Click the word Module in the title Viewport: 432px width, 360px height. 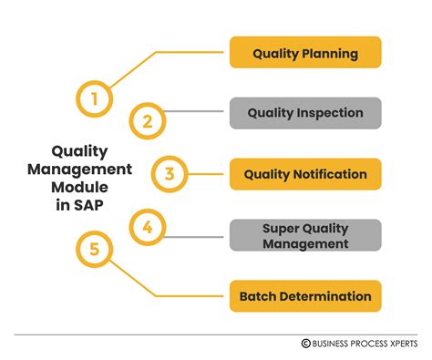coord(79,187)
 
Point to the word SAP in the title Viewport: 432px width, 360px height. coord(88,205)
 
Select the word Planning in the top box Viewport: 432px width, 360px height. coord(330,54)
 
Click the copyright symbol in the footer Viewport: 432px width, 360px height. coord(306,344)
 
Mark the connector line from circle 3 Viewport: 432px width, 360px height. coord(206,174)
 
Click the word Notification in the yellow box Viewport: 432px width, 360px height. coord(330,174)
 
